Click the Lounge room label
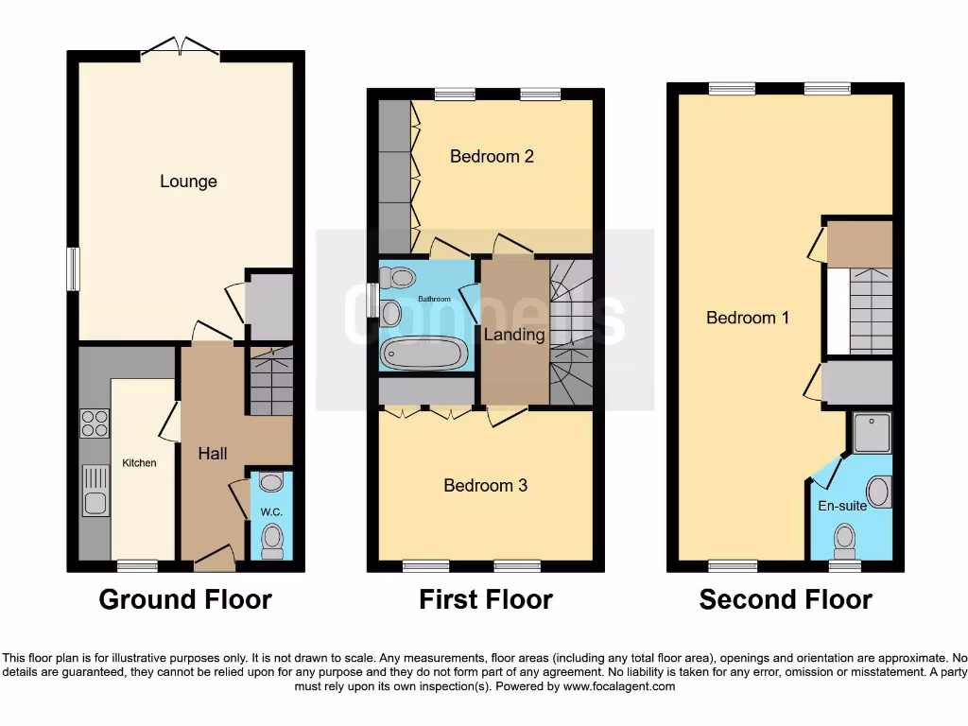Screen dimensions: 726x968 188,181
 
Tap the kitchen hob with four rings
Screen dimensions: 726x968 95,423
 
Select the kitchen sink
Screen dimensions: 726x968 95,490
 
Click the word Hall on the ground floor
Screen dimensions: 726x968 213,454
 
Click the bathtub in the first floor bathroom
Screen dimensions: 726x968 423,354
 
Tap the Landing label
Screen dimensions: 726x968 514,335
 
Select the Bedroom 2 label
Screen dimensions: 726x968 492,156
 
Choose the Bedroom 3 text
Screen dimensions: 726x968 486,486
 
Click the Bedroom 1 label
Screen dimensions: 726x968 748,318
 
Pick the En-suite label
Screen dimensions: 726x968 842,506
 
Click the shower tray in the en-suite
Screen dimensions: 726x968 873,433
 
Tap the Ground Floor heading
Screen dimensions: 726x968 185,599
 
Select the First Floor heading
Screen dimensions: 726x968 486,599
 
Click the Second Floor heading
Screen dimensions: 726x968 786,599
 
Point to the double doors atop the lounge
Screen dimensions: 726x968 181,47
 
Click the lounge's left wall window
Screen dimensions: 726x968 72,268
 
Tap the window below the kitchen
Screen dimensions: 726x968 138,566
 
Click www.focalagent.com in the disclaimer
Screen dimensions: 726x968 619,686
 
